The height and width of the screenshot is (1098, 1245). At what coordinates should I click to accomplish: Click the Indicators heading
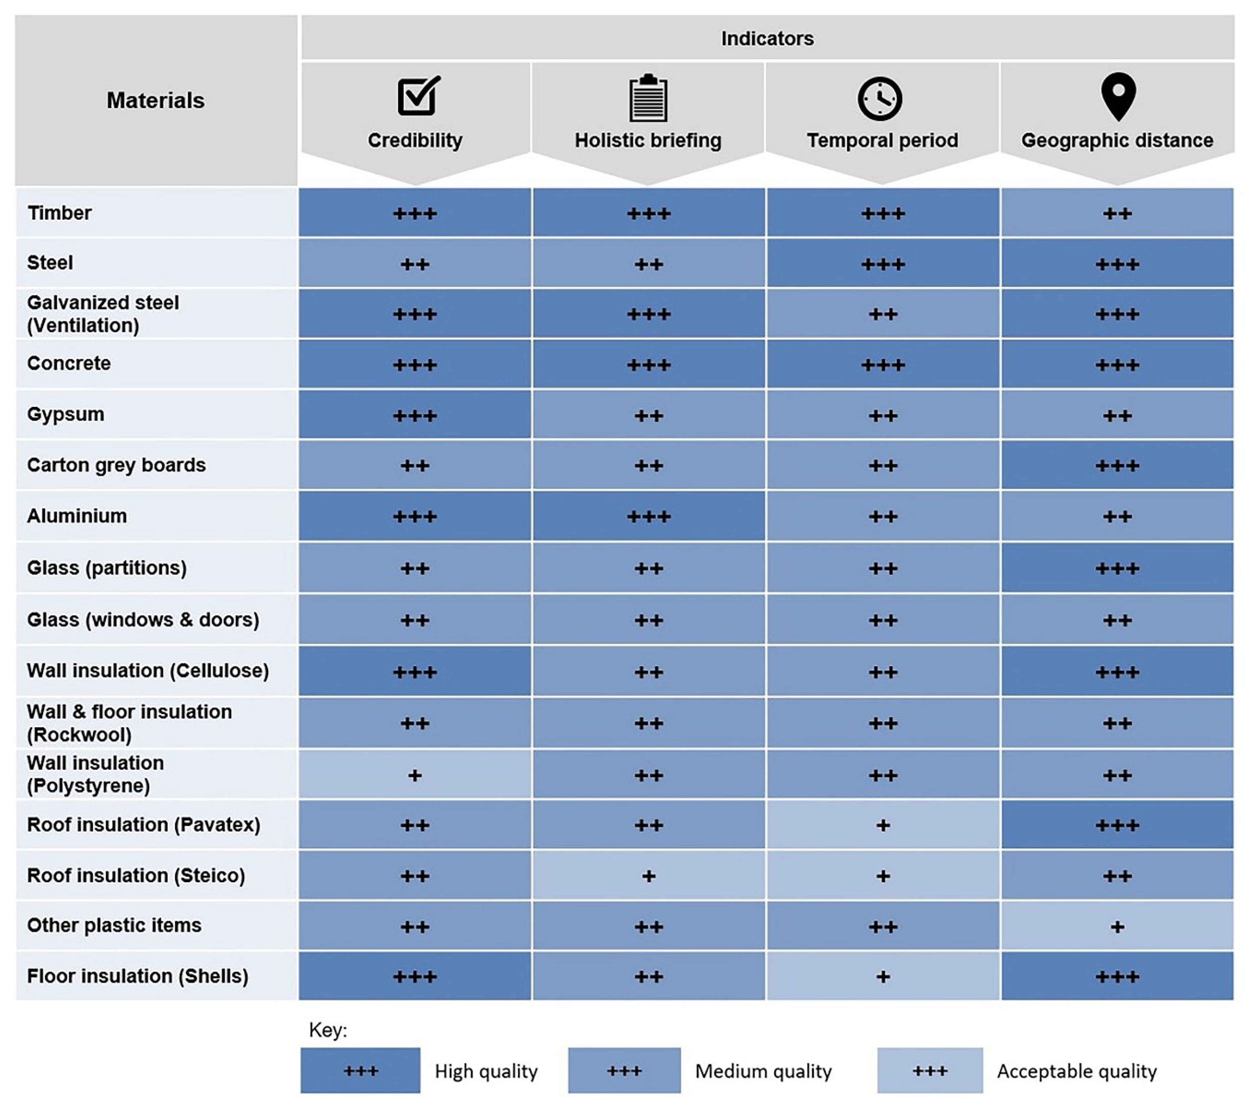tap(767, 38)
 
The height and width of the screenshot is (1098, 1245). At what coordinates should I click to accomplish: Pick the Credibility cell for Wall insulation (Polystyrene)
tap(415, 775)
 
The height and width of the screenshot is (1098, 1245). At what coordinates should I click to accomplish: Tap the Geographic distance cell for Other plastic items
tap(1117, 926)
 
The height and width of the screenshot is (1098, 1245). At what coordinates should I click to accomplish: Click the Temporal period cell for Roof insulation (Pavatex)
tap(883, 825)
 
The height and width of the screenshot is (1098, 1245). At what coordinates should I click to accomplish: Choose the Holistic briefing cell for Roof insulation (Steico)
tap(649, 876)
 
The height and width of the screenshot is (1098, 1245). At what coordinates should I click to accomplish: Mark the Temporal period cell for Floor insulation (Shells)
tap(883, 976)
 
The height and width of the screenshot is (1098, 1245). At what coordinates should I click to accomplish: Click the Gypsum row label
tap(66, 414)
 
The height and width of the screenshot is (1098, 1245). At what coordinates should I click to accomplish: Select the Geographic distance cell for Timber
tap(1117, 213)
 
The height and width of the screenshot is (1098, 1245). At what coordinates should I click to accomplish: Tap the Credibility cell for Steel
tap(415, 264)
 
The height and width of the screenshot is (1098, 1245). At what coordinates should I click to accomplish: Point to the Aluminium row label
tap(77, 516)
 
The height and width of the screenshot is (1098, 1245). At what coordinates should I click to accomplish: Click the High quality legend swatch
tap(360, 1070)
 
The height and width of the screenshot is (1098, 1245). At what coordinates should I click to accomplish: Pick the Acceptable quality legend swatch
tap(929, 1070)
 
